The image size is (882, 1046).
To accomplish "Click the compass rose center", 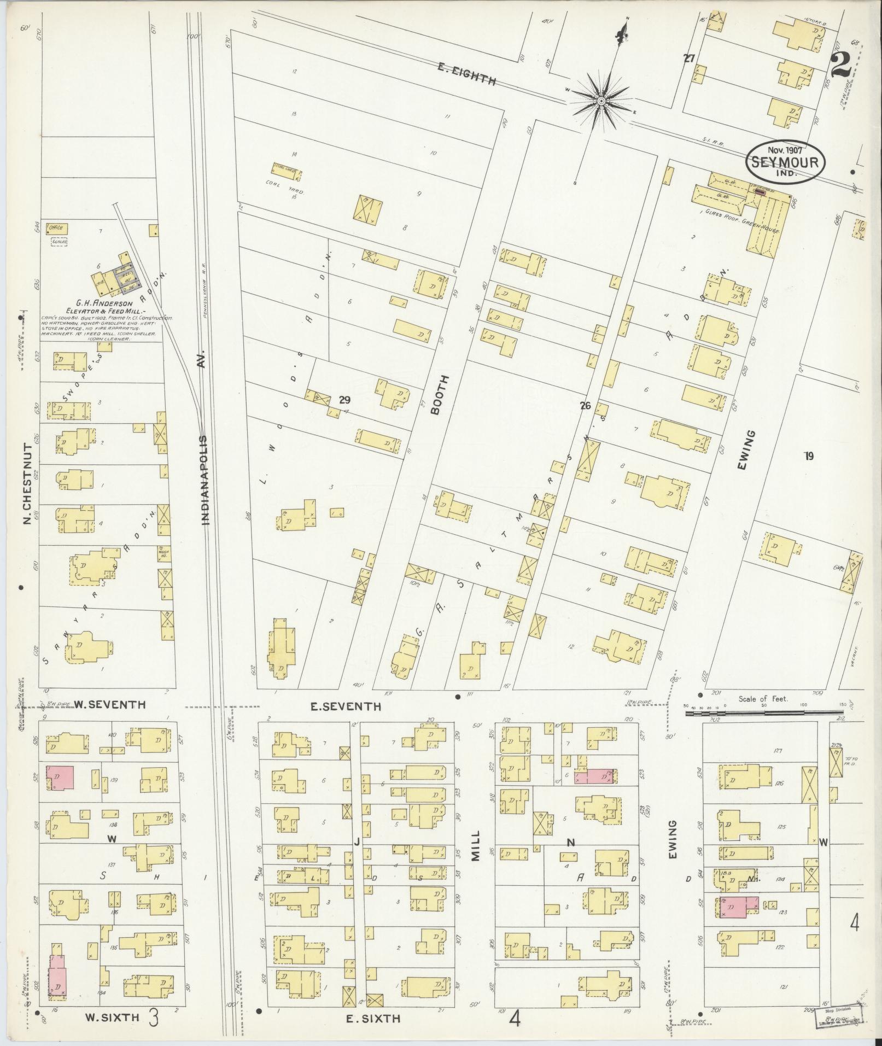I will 600,101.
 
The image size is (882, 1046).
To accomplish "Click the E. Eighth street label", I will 467,74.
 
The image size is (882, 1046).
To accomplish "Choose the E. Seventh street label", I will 345,706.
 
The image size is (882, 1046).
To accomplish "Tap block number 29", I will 344,400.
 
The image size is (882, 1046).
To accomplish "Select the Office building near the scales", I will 56,228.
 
